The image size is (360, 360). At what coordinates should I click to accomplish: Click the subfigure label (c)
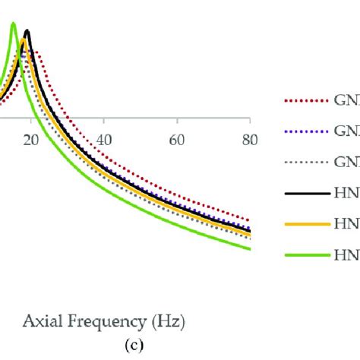[x=122, y=343]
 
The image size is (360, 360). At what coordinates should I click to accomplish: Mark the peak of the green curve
[x=13, y=24]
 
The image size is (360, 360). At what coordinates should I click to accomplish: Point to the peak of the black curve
[x=27, y=31]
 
